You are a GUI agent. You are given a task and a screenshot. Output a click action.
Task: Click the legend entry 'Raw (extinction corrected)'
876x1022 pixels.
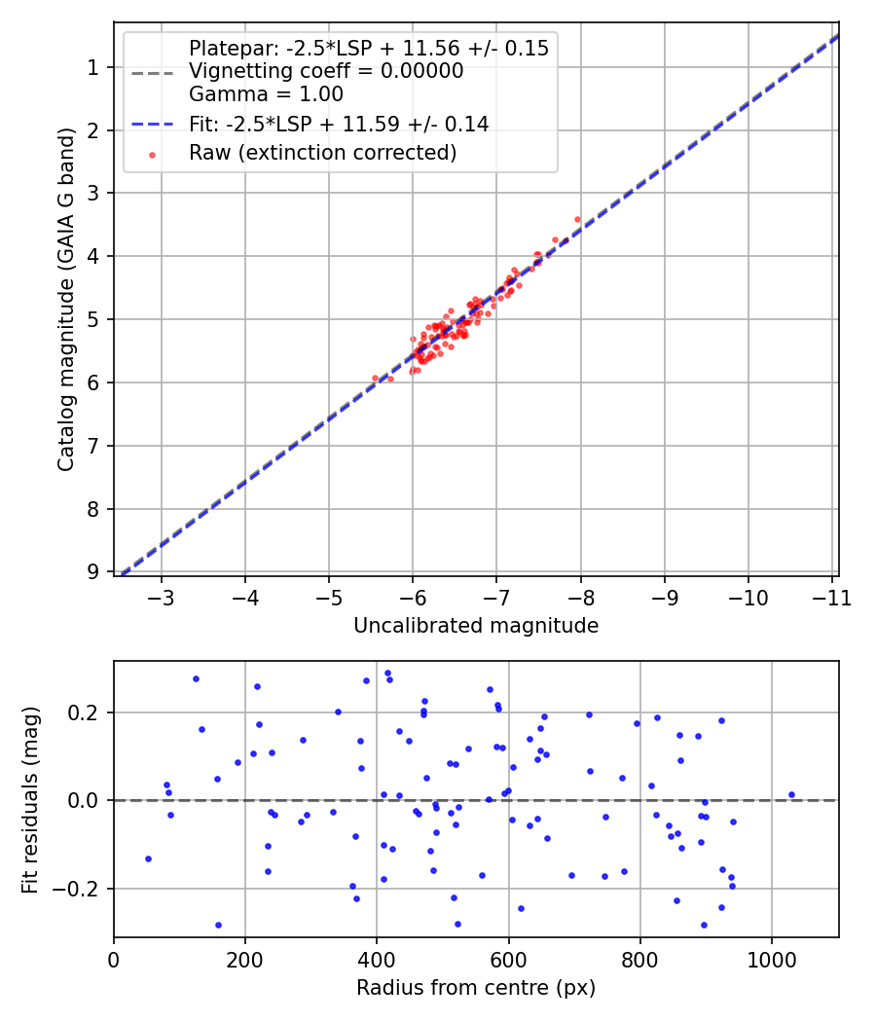322,153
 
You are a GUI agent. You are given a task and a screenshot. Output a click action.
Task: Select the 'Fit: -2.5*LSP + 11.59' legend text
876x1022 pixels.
339,124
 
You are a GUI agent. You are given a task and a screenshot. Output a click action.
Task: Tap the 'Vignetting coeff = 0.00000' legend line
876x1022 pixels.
326,71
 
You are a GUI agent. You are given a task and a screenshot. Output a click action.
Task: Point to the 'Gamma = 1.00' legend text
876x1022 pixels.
266,94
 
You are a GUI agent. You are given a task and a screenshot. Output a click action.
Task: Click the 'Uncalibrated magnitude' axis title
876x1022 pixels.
476,626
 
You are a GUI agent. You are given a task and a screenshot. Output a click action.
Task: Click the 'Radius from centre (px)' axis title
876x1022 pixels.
476,988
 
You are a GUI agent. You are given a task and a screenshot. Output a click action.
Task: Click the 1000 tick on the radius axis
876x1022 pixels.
772,958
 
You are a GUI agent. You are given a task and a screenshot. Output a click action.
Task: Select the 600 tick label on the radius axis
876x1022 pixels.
508,958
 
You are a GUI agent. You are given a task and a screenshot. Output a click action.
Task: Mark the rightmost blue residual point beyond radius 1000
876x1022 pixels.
791,794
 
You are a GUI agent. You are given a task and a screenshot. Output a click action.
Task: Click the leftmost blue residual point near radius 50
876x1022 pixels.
148,858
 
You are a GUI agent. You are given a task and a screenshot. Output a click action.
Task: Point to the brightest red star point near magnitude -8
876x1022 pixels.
577,219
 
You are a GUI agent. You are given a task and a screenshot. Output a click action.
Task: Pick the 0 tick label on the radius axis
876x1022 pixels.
114,958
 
